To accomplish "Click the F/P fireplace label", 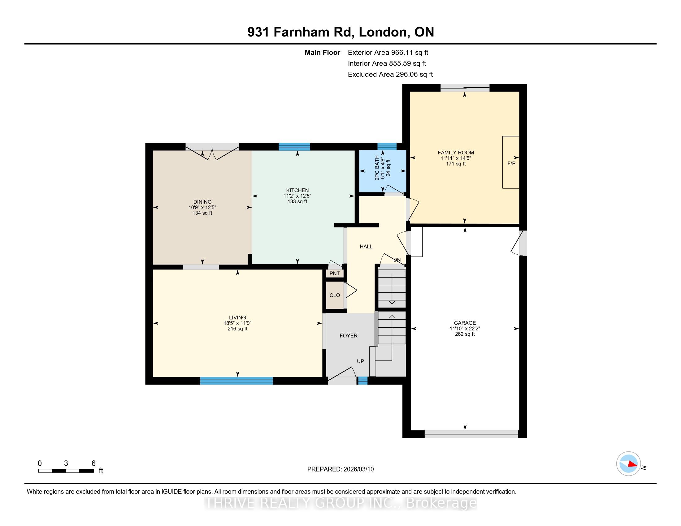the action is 511,163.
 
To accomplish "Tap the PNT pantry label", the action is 335,274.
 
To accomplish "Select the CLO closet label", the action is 335,295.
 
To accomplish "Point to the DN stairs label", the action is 397,260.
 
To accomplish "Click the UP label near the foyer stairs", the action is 360,361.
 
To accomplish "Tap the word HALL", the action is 366,247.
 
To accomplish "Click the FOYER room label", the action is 348,336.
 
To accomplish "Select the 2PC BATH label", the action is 377,168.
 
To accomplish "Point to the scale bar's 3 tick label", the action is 66,463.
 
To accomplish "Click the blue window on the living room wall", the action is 236,381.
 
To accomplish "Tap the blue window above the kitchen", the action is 294,146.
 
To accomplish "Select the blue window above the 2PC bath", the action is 387,146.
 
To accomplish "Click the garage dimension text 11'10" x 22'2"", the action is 465,328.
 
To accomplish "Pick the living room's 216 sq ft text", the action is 238,329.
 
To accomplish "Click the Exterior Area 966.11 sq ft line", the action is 388,52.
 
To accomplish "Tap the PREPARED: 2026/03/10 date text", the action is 340,469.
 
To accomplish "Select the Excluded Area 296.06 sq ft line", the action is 390,74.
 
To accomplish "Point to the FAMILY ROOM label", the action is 456,152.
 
